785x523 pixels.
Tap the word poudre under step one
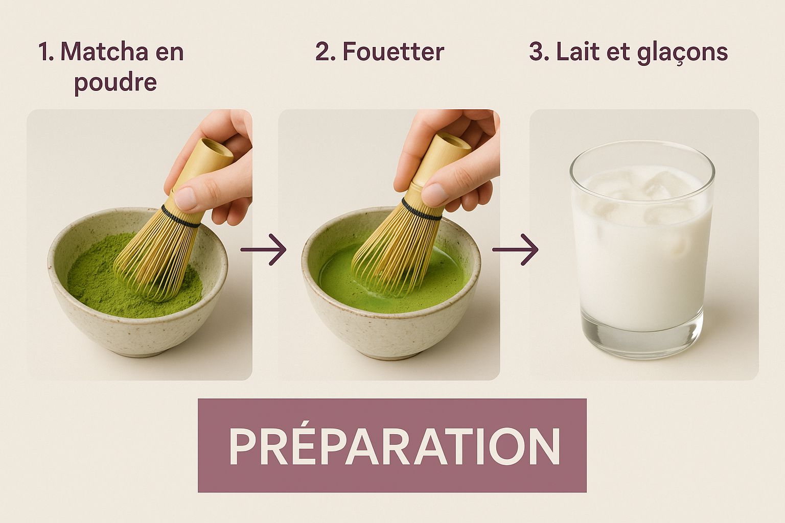coord(116,83)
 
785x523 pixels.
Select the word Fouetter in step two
coord(393,52)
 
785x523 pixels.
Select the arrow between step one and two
coord(264,249)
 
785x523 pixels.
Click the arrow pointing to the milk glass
coord(515,249)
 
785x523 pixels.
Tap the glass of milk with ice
coord(642,249)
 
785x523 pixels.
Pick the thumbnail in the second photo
coord(434,195)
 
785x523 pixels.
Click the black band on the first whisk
coord(181,217)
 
